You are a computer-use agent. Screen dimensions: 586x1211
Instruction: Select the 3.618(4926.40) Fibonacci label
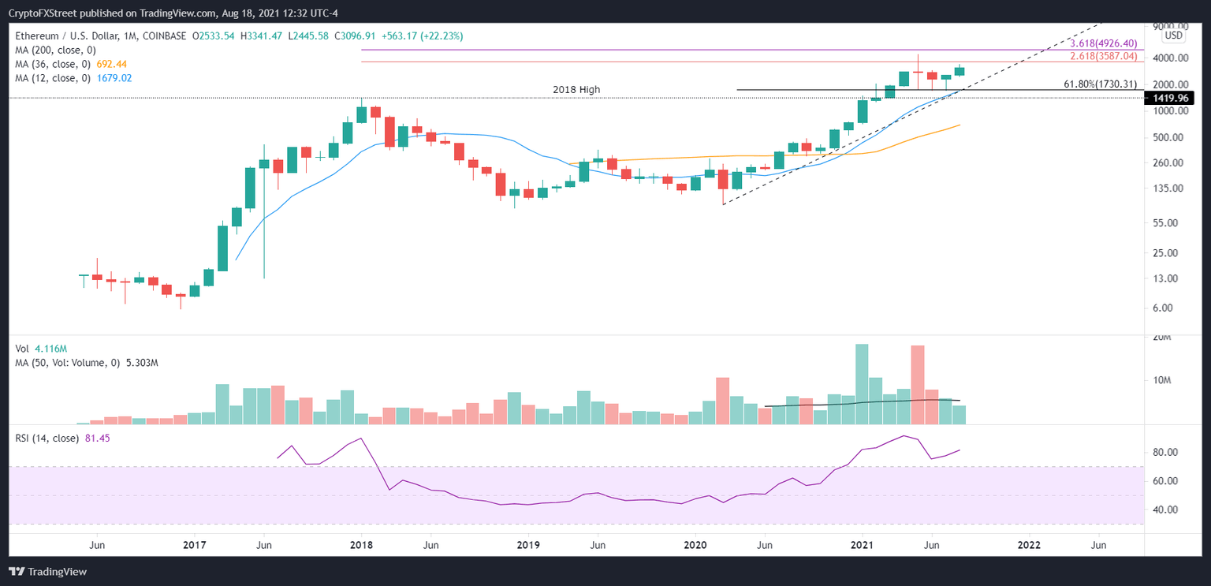point(1103,44)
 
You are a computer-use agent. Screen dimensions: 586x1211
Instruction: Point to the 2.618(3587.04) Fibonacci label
point(1103,57)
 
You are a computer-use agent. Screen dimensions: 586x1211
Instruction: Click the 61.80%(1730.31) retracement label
point(1100,84)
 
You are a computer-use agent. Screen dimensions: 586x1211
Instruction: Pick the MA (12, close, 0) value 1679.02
point(117,78)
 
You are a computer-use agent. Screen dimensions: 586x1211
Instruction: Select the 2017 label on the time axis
point(194,544)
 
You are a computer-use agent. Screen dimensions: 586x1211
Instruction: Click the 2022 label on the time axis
point(1028,544)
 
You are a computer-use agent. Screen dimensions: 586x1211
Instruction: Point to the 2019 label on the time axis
point(527,544)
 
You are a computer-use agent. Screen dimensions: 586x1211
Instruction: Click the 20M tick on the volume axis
point(1162,338)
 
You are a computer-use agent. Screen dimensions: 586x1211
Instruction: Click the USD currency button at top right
point(1173,35)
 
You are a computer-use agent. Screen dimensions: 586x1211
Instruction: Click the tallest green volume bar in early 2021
point(862,384)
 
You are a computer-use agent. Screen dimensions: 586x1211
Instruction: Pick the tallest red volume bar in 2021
point(917,385)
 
